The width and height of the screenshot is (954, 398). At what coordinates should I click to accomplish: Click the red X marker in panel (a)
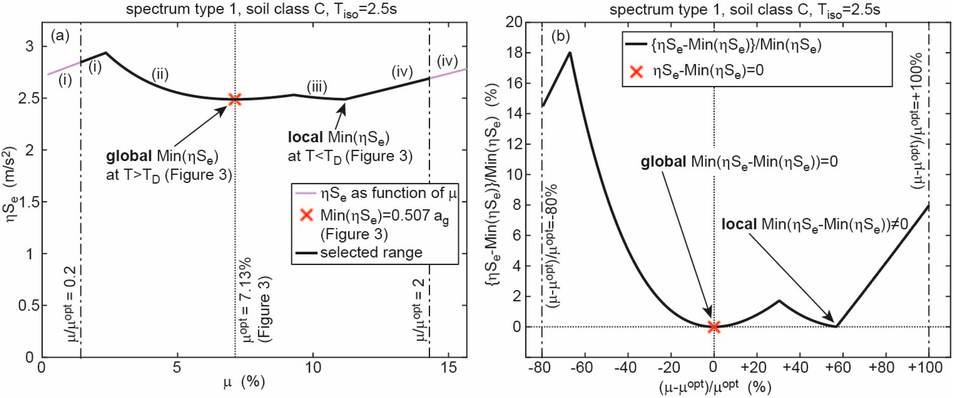[235, 99]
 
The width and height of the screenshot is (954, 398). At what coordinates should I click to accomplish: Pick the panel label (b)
[560, 36]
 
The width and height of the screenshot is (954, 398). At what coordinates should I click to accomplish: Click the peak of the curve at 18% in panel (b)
[570, 53]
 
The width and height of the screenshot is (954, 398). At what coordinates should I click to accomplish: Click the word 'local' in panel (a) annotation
[305, 137]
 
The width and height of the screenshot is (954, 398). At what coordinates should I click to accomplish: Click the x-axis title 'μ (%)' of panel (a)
[244, 382]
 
